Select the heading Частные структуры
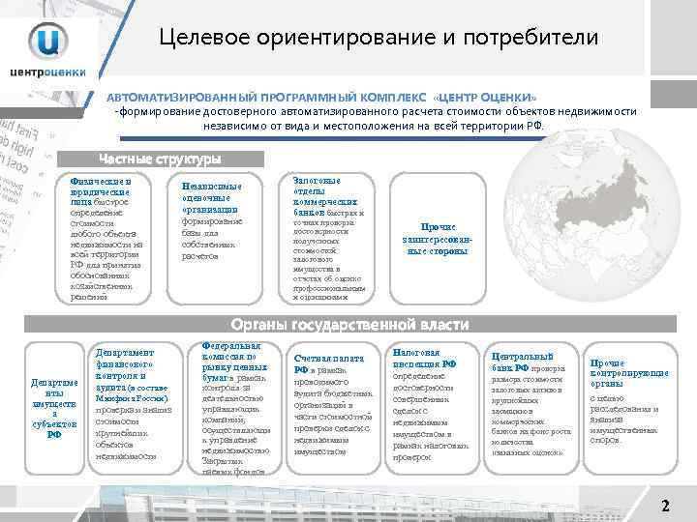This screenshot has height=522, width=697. coord(160,159)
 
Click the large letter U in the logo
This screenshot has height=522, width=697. coord(48,40)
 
